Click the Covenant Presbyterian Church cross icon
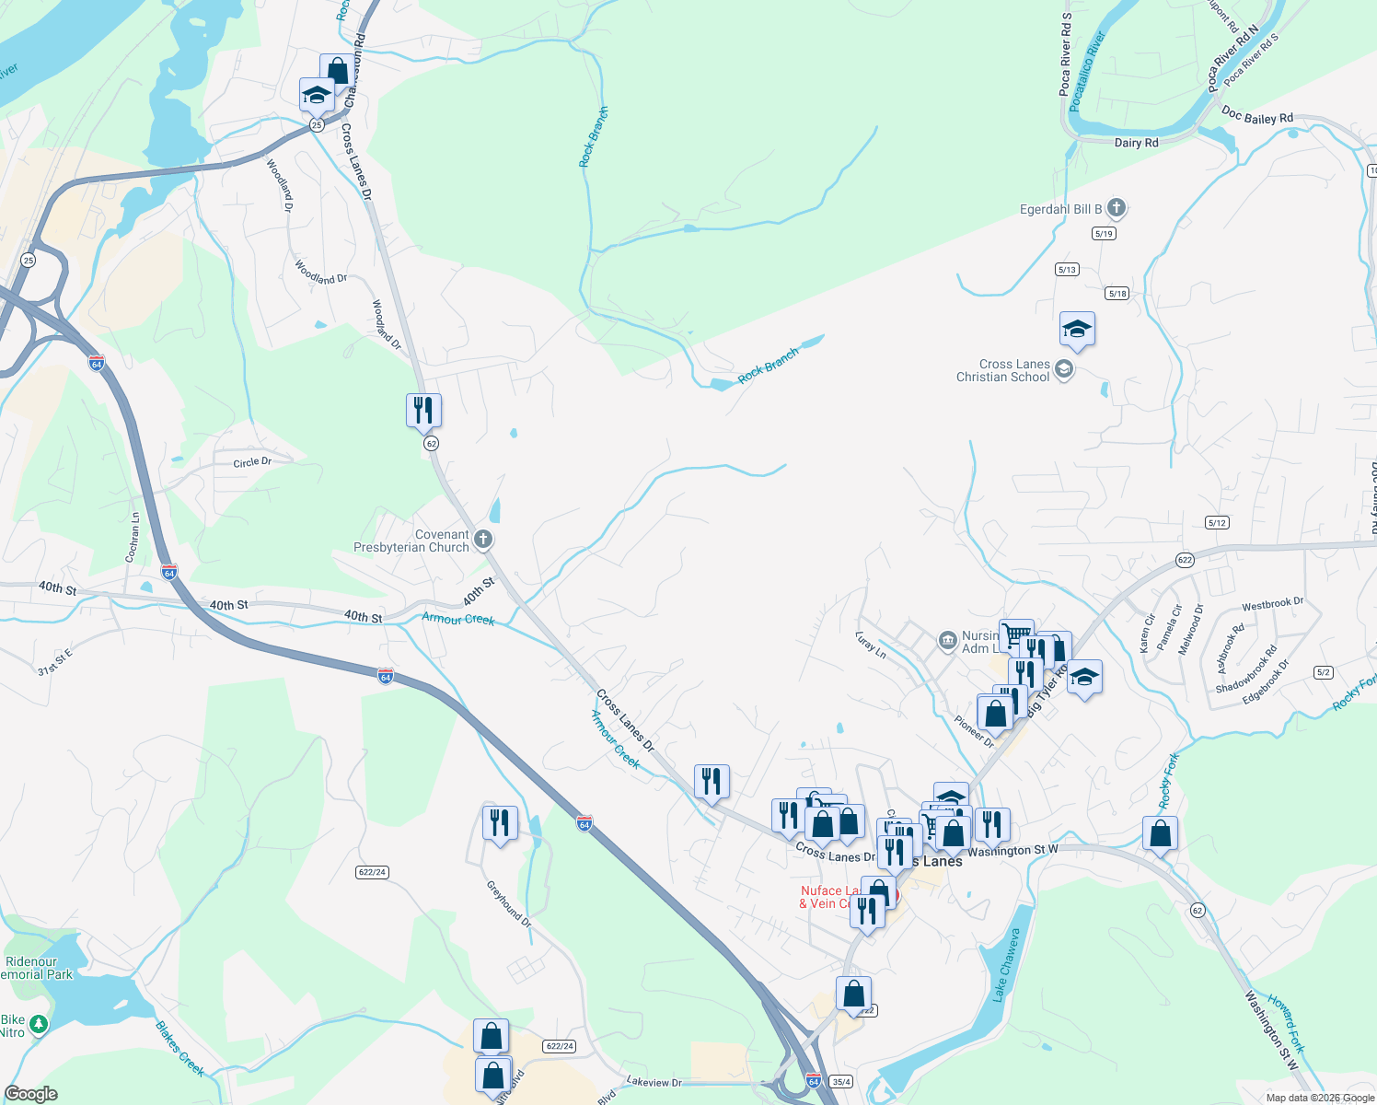pyautogui.click(x=482, y=540)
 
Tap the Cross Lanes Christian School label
pyautogui.click(x=1003, y=370)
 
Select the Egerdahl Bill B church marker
pyautogui.click(x=1116, y=208)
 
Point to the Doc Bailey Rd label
pyautogui.click(x=1257, y=117)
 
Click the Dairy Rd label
pyautogui.click(x=1136, y=143)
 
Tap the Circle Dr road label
pyautogui.click(x=252, y=462)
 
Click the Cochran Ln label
pyautogui.click(x=133, y=538)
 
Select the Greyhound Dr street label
pyautogui.click(x=509, y=903)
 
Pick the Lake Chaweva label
pyautogui.click(x=1007, y=964)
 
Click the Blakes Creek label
pyautogui.click(x=179, y=1048)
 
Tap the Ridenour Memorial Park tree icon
pyautogui.click(x=38, y=1024)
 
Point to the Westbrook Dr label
pyautogui.click(x=1272, y=604)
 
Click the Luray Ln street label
pyautogui.click(x=870, y=645)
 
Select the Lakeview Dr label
pyautogui.click(x=654, y=1082)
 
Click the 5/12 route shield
pyautogui.click(x=1217, y=523)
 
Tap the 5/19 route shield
pyautogui.click(x=1104, y=234)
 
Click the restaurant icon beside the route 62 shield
pyautogui.click(x=423, y=410)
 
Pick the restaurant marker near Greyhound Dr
pyautogui.click(x=500, y=822)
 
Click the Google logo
pyautogui.click(x=31, y=1094)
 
